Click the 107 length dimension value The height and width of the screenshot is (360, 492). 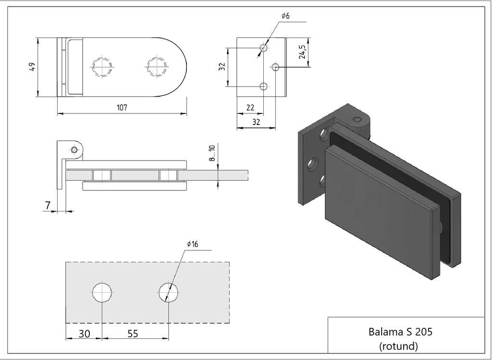[x=122, y=108]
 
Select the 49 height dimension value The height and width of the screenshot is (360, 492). [x=32, y=67]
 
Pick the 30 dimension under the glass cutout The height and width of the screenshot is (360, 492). [x=84, y=334]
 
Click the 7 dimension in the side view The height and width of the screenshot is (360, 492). [x=48, y=205]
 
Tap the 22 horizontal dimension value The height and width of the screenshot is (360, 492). [x=250, y=108]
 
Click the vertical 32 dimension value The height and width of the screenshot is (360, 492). [x=221, y=67]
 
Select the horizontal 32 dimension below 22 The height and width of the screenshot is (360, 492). [x=256, y=123]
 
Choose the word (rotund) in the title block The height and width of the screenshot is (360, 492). [x=398, y=345]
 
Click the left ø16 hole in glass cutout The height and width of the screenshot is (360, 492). [x=103, y=292]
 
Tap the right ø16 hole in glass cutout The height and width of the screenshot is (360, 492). [x=169, y=292]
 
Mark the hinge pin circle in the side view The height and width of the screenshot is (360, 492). [x=74, y=149]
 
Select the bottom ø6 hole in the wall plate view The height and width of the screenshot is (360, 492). [x=263, y=87]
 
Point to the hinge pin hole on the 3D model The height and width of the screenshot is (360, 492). [x=357, y=120]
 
